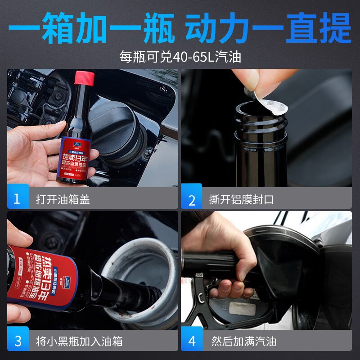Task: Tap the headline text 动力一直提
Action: (268, 28)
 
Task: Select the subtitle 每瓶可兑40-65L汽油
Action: (180, 57)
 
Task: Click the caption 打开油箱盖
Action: (63, 199)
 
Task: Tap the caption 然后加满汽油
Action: (243, 341)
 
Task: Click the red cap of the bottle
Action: (85, 78)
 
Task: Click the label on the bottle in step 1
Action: (76, 157)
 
